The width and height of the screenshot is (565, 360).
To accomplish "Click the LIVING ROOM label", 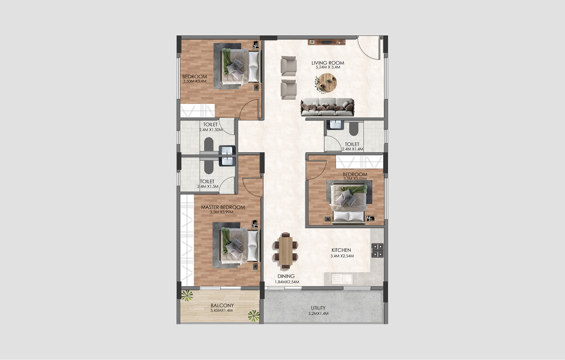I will click(328, 63).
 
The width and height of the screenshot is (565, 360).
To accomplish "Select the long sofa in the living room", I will click(327, 107).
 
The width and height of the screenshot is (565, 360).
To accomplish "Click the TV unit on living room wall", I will click(326, 42).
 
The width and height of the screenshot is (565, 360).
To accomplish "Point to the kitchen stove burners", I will click(377, 250).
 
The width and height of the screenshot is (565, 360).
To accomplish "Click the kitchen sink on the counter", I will click(342, 279).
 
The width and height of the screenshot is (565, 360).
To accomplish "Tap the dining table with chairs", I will click(285, 250).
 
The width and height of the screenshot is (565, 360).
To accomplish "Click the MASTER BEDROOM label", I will click(223, 207).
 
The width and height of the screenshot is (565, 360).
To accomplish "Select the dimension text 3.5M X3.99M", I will click(221, 212).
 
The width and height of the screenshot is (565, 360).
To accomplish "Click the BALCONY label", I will click(222, 306).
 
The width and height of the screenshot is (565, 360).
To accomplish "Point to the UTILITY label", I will click(318, 308).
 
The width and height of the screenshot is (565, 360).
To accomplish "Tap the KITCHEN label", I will click(341, 250).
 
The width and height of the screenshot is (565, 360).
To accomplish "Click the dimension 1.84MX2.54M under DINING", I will click(287, 282).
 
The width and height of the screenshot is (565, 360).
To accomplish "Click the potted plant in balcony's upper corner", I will click(186, 295).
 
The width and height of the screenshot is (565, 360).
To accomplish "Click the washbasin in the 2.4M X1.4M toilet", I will click(334, 125).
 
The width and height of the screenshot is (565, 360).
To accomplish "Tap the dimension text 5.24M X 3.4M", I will click(328, 67).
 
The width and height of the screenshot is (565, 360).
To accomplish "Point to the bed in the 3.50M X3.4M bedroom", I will click(239, 66).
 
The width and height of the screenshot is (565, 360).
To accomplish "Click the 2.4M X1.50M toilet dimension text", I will click(211, 130).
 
